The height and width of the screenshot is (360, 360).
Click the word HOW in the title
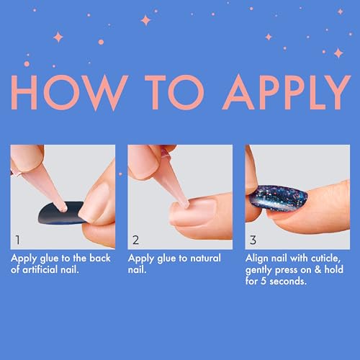(x=69, y=92)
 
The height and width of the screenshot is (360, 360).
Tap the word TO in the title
(x=174, y=92)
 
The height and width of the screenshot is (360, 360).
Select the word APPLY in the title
(x=287, y=92)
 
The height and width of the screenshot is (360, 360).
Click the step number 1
(x=17, y=240)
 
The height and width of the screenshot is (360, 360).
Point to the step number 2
(x=135, y=240)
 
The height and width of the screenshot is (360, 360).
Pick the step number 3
(x=253, y=240)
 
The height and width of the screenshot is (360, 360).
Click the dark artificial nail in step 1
(x=60, y=214)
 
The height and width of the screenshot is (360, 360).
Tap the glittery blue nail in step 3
(x=278, y=198)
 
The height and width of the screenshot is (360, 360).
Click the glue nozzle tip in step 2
(x=186, y=204)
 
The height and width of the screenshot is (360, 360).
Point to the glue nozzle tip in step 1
(x=64, y=209)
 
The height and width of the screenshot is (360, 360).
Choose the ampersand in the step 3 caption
(x=318, y=269)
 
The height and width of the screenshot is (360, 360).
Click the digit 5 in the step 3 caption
(x=264, y=281)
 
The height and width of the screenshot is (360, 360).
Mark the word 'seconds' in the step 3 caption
(x=288, y=281)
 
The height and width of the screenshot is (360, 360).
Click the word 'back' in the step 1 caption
(x=100, y=258)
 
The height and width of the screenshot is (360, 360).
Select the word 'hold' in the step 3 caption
(x=334, y=269)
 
